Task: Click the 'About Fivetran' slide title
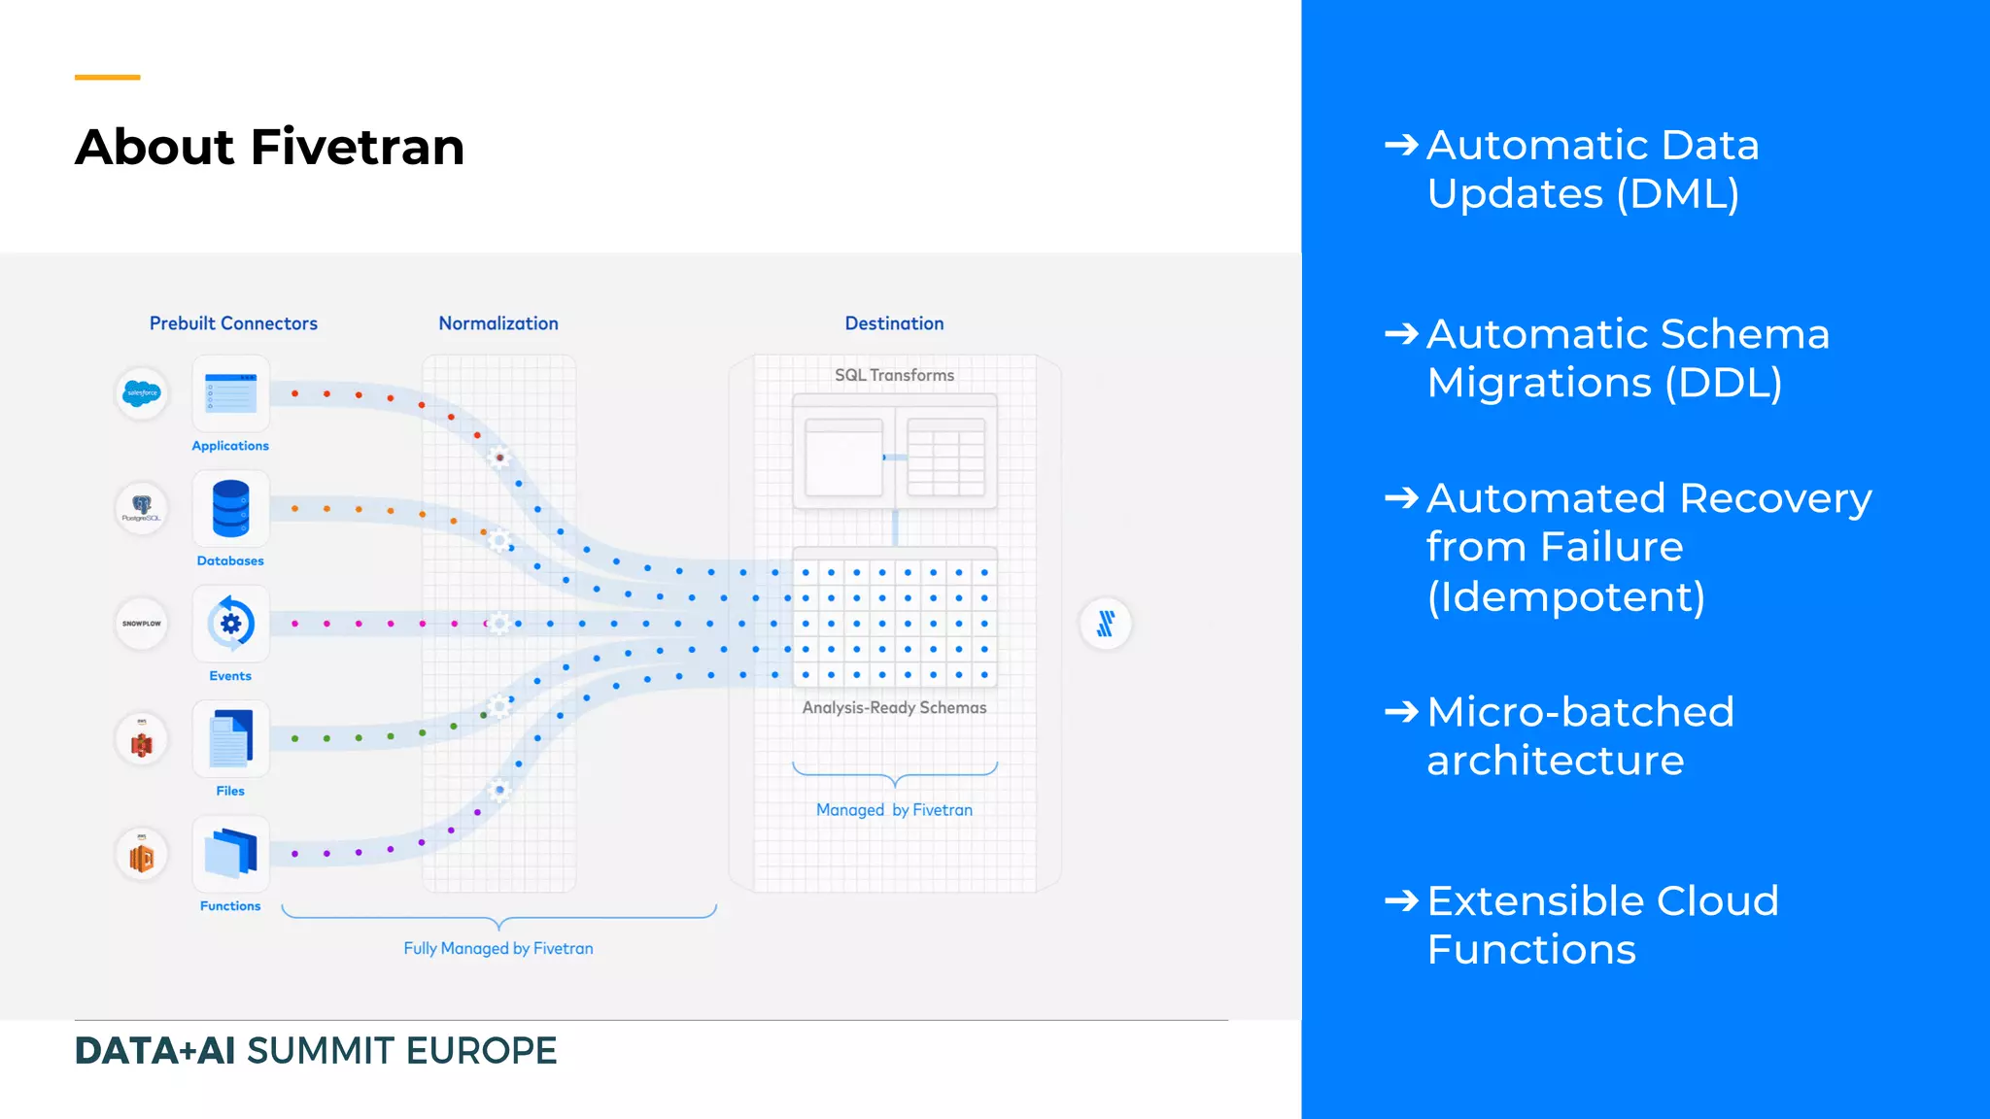(269, 147)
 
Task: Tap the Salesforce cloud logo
(142, 393)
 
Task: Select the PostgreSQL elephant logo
(142, 507)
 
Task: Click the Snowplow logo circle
(142, 623)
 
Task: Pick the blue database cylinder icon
(230, 509)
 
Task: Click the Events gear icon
(230, 624)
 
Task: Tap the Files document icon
(230, 739)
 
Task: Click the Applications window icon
(230, 394)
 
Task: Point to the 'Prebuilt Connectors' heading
(233, 323)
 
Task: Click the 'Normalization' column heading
(497, 323)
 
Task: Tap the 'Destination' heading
(894, 323)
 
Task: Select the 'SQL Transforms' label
(894, 375)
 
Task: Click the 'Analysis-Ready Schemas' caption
(894, 707)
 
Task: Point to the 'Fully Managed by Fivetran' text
(497, 948)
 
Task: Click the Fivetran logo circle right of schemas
(1106, 623)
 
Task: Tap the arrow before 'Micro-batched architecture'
(1401, 712)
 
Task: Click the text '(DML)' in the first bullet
(1678, 193)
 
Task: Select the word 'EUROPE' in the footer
(481, 1051)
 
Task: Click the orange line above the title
(107, 77)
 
